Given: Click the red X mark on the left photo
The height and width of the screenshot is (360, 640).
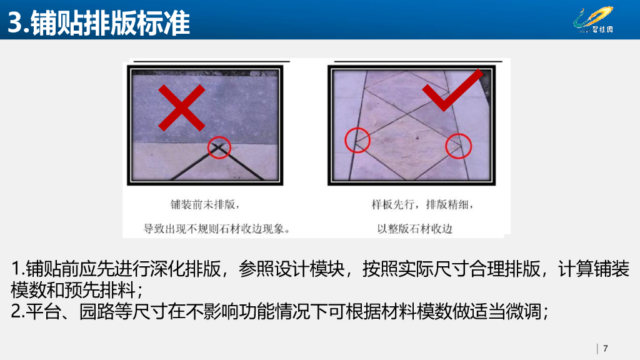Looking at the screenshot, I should coord(181,107).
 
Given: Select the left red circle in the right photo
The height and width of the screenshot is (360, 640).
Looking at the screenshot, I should coord(357,140).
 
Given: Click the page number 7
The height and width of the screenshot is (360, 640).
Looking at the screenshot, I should coord(605,348).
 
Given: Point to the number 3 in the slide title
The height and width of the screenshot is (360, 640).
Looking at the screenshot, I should coord(15,23).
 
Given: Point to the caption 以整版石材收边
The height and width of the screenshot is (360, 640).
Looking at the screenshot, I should coord(414,228).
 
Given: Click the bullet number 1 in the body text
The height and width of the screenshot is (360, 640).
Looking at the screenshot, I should coord(17,269).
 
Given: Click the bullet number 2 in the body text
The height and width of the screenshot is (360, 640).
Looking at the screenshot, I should coord(17,311).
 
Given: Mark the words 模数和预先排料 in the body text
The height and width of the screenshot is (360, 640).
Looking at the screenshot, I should coord(74,291).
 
